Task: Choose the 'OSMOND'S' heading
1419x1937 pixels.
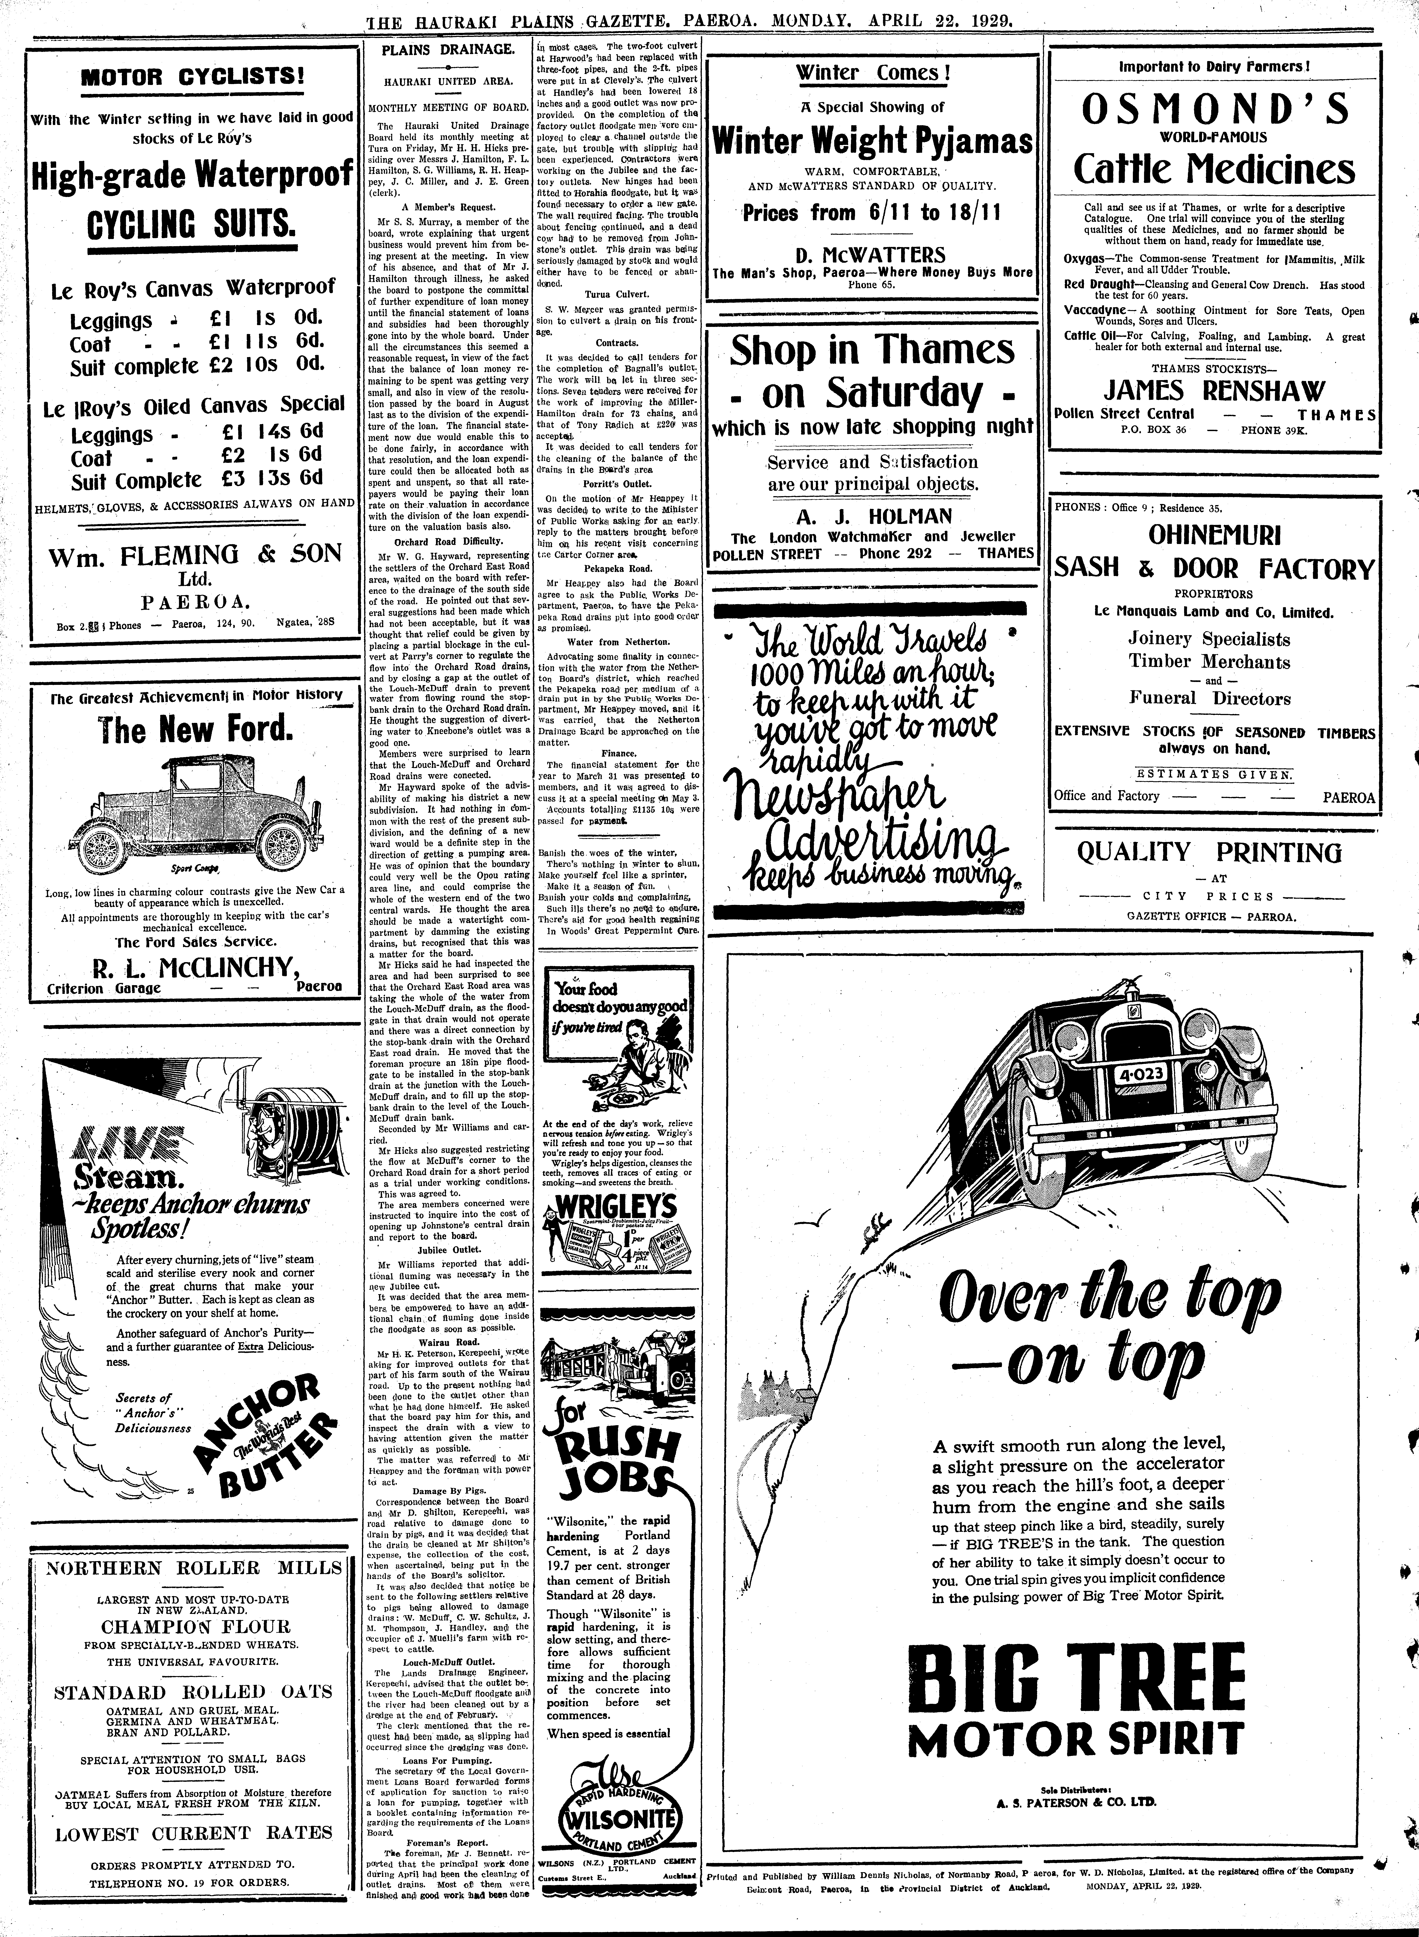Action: point(1215,108)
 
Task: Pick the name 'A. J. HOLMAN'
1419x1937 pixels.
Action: point(873,516)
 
